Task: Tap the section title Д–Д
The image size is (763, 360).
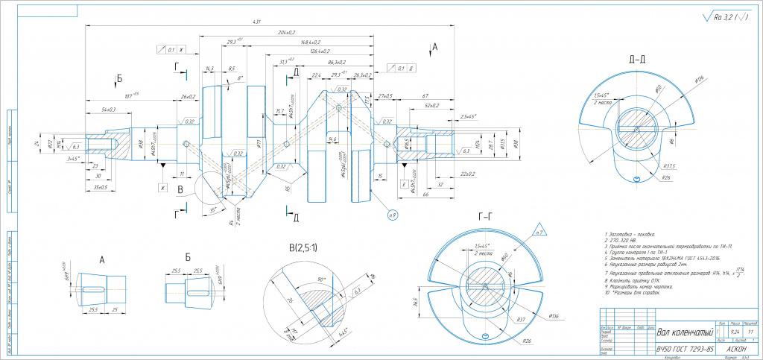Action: coord(637,59)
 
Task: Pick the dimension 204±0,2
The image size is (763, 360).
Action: coord(285,33)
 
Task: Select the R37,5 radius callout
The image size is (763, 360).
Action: coord(668,166)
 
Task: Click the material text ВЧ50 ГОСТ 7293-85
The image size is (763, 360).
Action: coord(683,350)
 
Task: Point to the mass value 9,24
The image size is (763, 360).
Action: coord(735,331)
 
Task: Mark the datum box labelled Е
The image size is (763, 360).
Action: coord(403,183)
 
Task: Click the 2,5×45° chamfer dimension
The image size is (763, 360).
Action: coord(469,117)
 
